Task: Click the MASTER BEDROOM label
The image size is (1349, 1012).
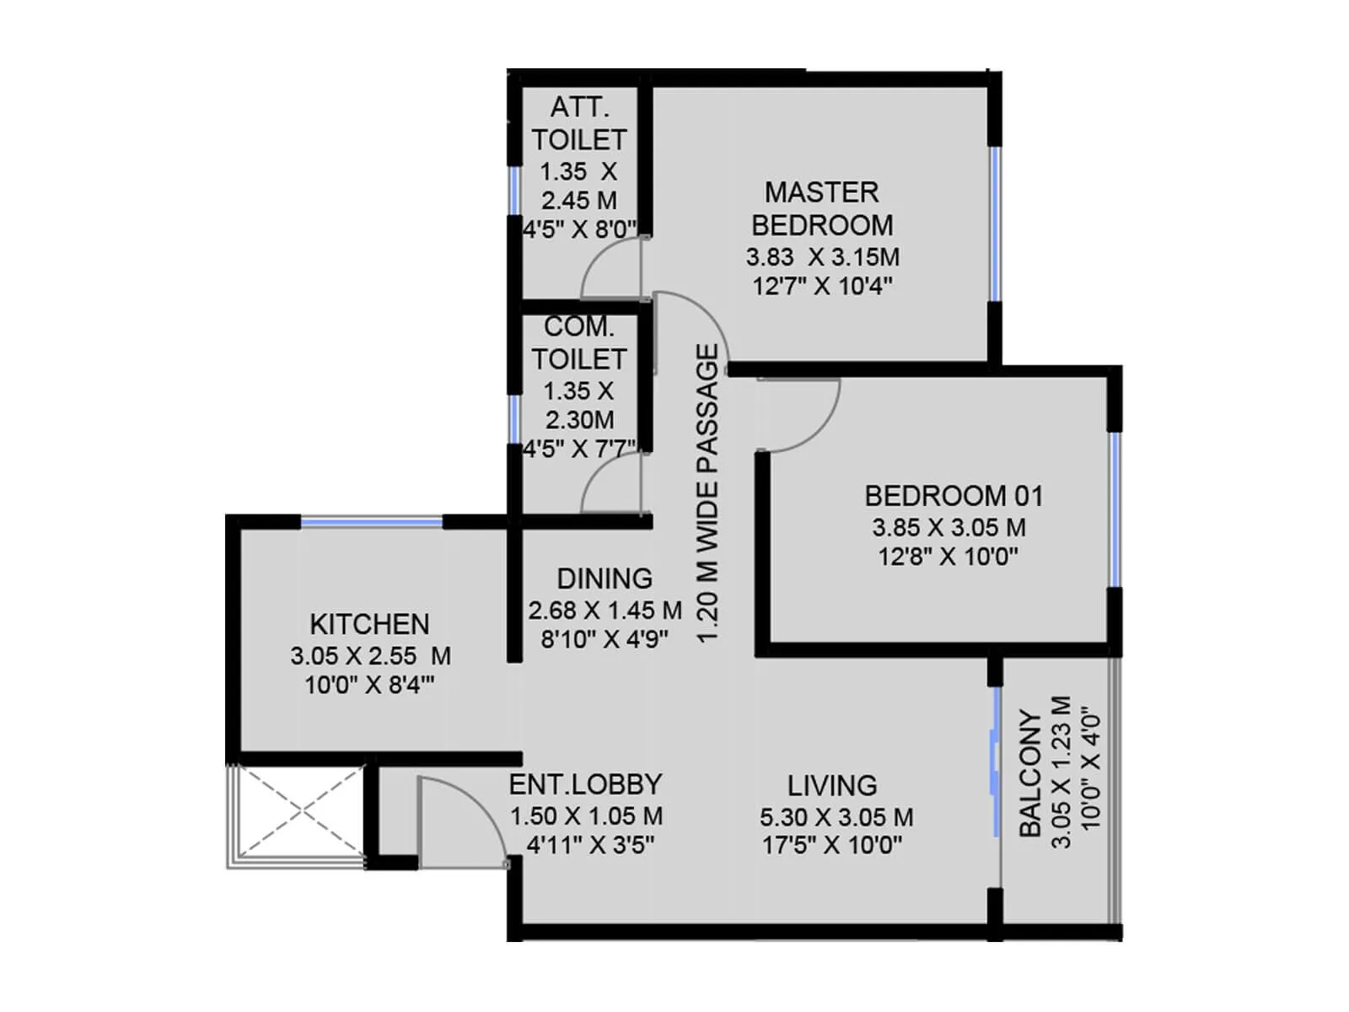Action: click(x=822, y=208)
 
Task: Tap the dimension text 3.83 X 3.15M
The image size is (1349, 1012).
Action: click(x=822, y=257)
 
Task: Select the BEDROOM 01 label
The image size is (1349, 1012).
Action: click(x=954, y=496)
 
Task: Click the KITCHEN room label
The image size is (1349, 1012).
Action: click(x=369, y=624)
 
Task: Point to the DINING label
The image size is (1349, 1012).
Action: click(x=605, y=579)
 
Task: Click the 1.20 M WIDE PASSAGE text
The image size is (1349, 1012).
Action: click(x=709, y=493)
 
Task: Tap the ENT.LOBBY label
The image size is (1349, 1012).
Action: click(x=585, y=784)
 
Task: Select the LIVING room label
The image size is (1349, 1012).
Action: click(x=832, y=786)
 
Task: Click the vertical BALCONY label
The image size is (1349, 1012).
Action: click(x=1030, y=773)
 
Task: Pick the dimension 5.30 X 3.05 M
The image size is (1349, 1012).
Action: click(x=836, y=817)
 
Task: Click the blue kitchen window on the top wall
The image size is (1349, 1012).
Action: click(x=372, y=523)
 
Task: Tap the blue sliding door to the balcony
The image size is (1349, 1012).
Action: click(x=995, y=763)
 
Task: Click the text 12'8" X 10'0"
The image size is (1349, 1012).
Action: click(x=949, y=557)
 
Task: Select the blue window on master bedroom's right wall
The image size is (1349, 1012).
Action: click(x=995, y=223)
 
